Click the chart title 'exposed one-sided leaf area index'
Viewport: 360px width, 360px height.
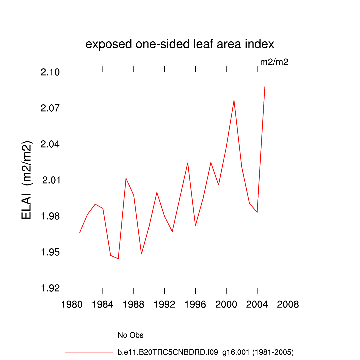pos(180,44)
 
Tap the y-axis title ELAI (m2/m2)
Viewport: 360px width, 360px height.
pos(27,180)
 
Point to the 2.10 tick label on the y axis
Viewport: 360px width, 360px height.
pos(50,72)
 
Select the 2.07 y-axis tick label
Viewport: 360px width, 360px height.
pos(50,108)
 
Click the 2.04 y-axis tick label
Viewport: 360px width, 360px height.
pos(50,144)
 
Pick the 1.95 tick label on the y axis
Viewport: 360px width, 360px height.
pos(50,252)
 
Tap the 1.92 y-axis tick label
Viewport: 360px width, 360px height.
pos(50,288)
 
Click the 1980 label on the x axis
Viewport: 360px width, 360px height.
pos(72,304)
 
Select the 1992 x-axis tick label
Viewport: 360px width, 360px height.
pos(164,304)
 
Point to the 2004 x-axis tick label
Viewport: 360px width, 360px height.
pos(257,304)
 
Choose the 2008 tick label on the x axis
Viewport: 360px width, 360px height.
pos(288,304)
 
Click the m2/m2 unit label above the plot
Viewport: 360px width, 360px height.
pos(274,62)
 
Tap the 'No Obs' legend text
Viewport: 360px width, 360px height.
pos(130,335)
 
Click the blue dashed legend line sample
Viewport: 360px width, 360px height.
pos(89,335)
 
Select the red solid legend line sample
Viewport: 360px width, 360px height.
pos(89,352)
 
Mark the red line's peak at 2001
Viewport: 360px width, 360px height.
pos(234,100)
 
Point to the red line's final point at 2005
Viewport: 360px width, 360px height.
pos(265,87)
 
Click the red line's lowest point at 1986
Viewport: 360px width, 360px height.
pos(118,259)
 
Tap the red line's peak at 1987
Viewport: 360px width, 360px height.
pos(126,178)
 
